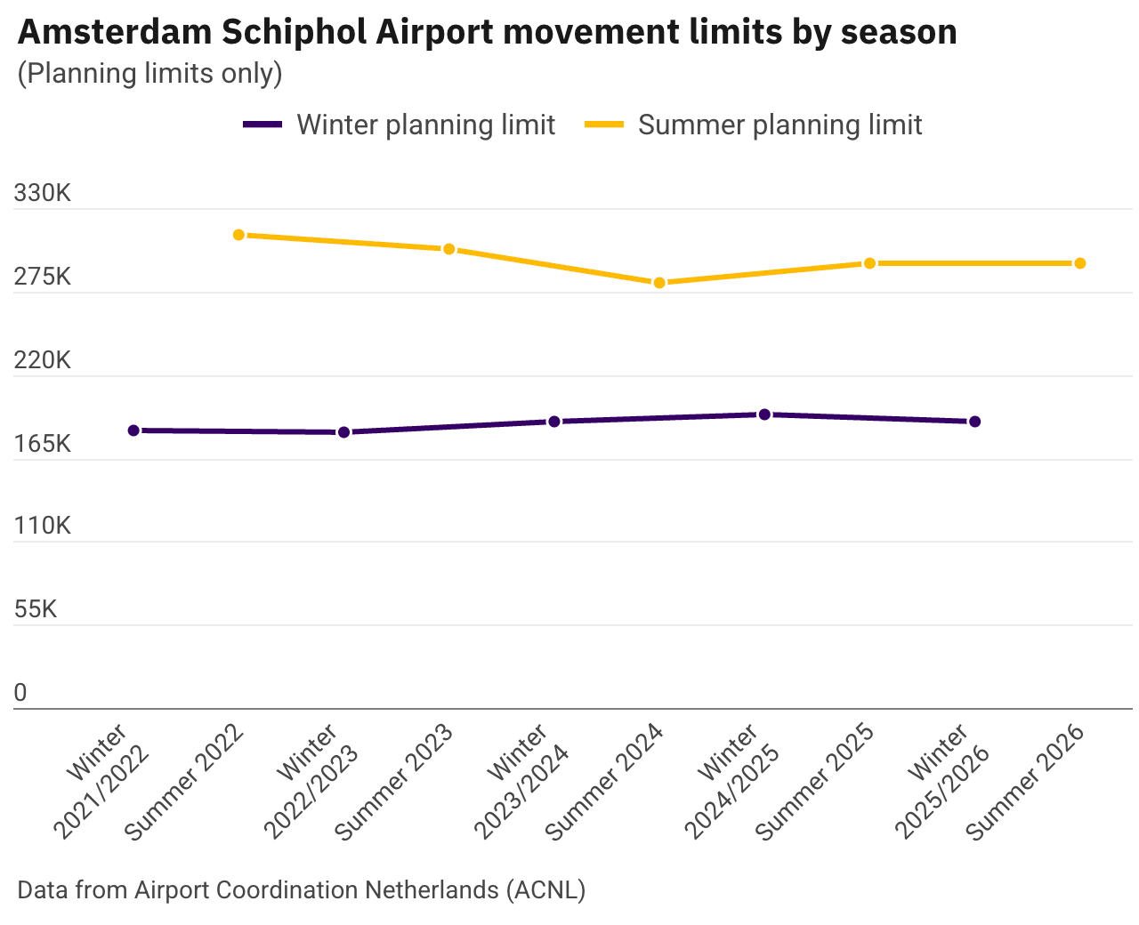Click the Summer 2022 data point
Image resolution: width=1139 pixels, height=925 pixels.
point(238,235)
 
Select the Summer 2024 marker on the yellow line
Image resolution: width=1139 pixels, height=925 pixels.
point(659,283)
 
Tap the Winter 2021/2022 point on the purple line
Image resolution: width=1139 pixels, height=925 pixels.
point(133,430)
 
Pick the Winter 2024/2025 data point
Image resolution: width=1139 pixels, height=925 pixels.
point(764,414)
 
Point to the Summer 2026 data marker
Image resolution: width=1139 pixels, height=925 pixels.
point(1079,263)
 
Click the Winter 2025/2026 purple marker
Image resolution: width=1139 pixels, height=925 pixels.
point(974,422)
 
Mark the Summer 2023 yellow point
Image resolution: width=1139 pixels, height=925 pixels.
point(449,249)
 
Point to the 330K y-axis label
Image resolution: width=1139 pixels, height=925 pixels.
point(43,193)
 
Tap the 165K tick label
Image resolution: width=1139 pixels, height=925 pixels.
point(43,443)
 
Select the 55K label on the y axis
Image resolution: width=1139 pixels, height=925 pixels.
point(36,609)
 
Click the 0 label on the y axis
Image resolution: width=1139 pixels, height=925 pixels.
point(20,693)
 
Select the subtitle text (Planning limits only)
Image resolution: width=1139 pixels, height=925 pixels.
point(149,74)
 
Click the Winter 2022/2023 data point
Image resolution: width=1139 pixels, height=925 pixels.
point(343,432)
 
